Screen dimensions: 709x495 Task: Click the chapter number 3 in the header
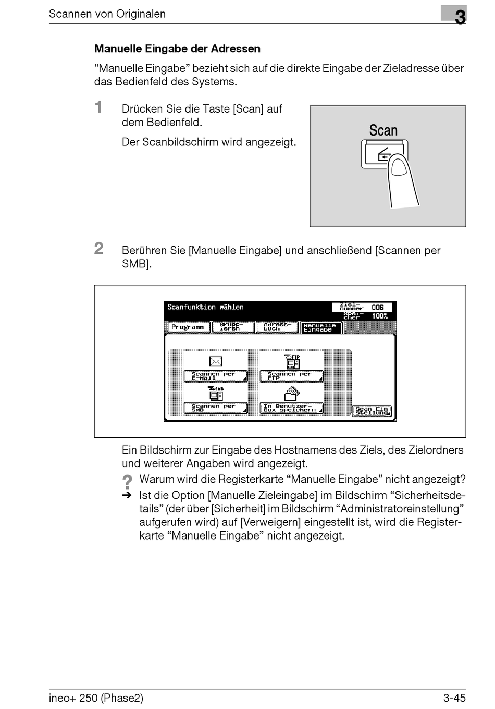click(460, 17)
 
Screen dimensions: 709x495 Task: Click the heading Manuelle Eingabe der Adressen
click(177, 49)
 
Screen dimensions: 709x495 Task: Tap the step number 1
click(98, 107)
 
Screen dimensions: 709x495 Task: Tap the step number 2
click(99, 249)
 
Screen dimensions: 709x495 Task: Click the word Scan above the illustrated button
click(383, 130)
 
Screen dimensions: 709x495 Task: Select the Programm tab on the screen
click(188, 327)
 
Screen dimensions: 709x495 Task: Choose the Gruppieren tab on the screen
click(232, 327)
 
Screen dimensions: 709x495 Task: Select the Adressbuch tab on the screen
click(277, 327)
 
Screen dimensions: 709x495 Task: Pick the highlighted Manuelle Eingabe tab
click(320, 328)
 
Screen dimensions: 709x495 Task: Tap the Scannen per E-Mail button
click(215, 376)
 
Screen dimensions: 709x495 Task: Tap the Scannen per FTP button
click(291, 376)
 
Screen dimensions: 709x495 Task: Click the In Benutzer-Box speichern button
click(291, 408)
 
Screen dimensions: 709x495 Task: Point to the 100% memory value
click(379, 316)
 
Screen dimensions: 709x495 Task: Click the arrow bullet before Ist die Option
click(127, 496)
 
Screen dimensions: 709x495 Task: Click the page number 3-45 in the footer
click(454, 698)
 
